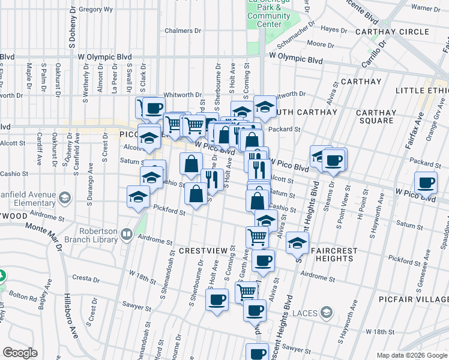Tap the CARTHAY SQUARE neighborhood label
point(376,116)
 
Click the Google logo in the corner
point(20,353)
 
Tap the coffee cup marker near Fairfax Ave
point(426,182)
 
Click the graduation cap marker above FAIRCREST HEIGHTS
point(297,243)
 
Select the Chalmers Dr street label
point(178,31)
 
